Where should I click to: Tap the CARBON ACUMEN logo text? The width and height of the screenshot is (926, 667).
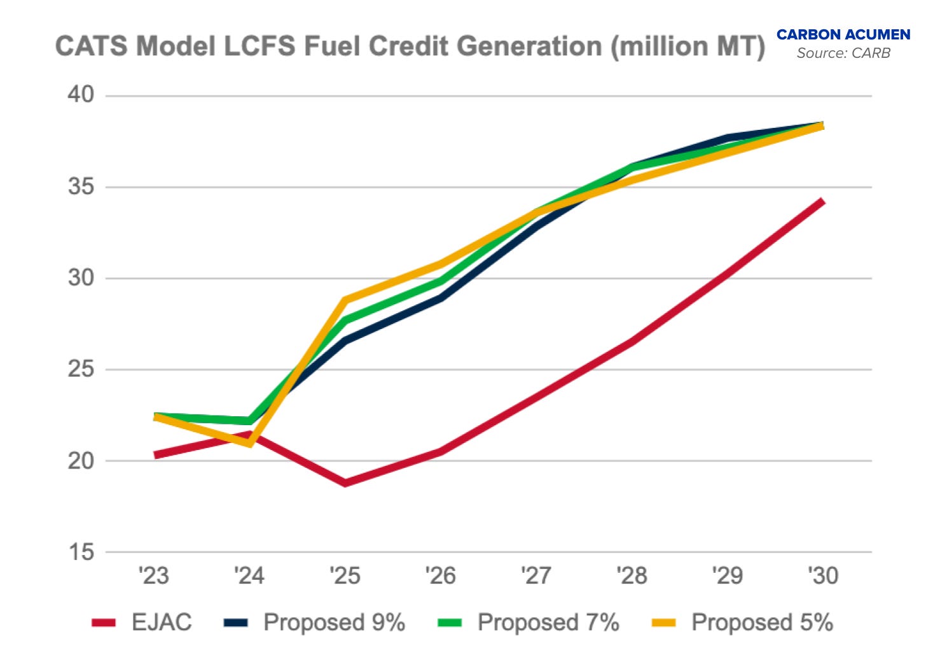point(843,34)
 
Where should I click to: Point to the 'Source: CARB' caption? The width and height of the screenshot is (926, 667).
point(843,53)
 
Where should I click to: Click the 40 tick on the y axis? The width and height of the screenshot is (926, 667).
point(81,95)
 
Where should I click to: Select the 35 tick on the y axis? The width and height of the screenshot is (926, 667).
point(81,186)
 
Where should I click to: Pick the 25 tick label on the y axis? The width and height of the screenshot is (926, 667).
point(81,369)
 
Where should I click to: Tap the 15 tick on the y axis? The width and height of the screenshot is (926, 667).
point(81,552)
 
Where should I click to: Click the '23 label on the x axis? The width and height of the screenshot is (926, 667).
point(154,575)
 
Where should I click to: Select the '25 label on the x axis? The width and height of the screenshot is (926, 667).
point(345,575)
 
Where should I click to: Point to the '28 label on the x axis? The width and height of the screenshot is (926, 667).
point(632,575)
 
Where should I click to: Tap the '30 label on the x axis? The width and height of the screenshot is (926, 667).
point(823,575)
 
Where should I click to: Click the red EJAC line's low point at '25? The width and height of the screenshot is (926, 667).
point(345,483)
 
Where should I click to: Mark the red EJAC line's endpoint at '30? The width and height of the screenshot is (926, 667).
point(823,202)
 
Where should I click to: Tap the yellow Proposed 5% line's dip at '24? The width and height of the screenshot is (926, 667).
point(250,443)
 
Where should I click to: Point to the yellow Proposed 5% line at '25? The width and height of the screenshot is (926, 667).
point(345,300)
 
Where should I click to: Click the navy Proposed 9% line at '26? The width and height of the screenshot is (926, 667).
point(441,297)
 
